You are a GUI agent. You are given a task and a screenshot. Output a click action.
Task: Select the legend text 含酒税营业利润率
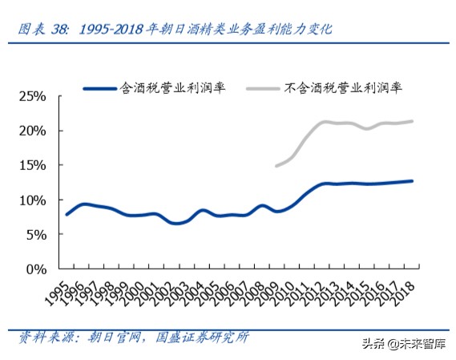172,87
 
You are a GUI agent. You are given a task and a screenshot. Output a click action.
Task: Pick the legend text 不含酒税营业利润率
343,87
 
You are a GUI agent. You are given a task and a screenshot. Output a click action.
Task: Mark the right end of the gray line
413,122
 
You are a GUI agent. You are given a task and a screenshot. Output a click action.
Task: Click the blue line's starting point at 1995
67,214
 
